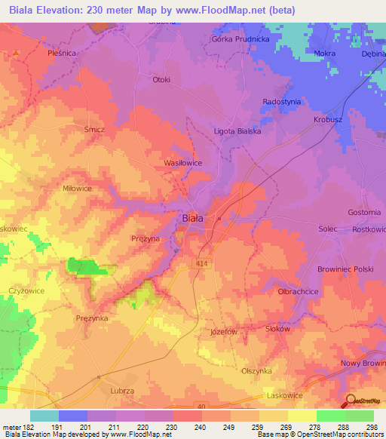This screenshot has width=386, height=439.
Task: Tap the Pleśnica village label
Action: point(62,54)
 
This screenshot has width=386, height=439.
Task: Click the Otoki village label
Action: point(161,80)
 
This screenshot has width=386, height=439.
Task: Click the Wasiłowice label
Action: point(182,163)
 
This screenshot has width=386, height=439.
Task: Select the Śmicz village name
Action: point(94,130)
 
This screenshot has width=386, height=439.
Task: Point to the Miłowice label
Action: point(77,189)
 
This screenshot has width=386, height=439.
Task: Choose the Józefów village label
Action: point(223,331)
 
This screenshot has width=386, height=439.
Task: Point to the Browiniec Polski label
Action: point(345,269)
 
